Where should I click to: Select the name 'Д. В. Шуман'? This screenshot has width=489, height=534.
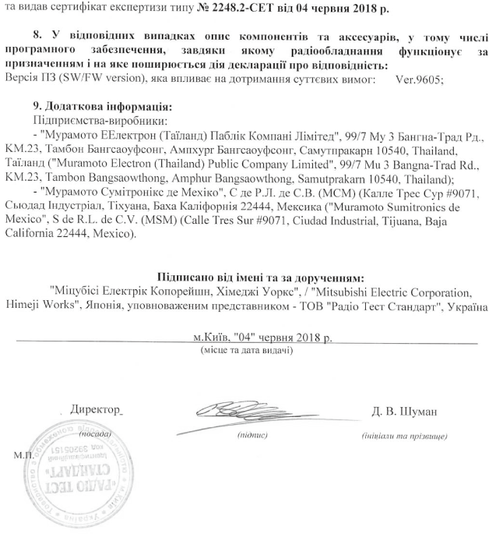[x=405, y=411]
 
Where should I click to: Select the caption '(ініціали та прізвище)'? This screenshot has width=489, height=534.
[x=402, y=435]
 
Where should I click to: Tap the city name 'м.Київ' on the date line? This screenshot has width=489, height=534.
[x=207, y=339]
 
